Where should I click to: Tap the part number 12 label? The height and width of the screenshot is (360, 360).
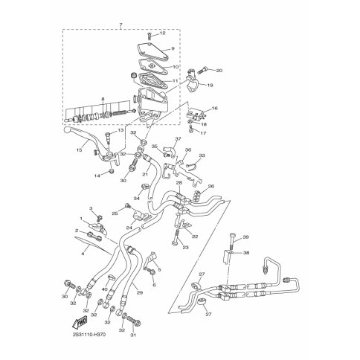pos(163,33)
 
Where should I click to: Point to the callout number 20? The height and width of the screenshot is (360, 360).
pos(219,70)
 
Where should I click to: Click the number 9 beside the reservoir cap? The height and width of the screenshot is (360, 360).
pos(172,48)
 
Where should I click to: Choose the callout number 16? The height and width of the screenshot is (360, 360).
pos(215,108)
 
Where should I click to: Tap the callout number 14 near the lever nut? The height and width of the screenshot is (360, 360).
pos(97,175)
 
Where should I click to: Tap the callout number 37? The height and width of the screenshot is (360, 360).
pos(178,139)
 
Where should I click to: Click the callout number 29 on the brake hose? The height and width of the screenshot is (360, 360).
pos(138,293)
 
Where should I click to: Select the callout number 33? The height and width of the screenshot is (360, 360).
pos(201,155)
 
